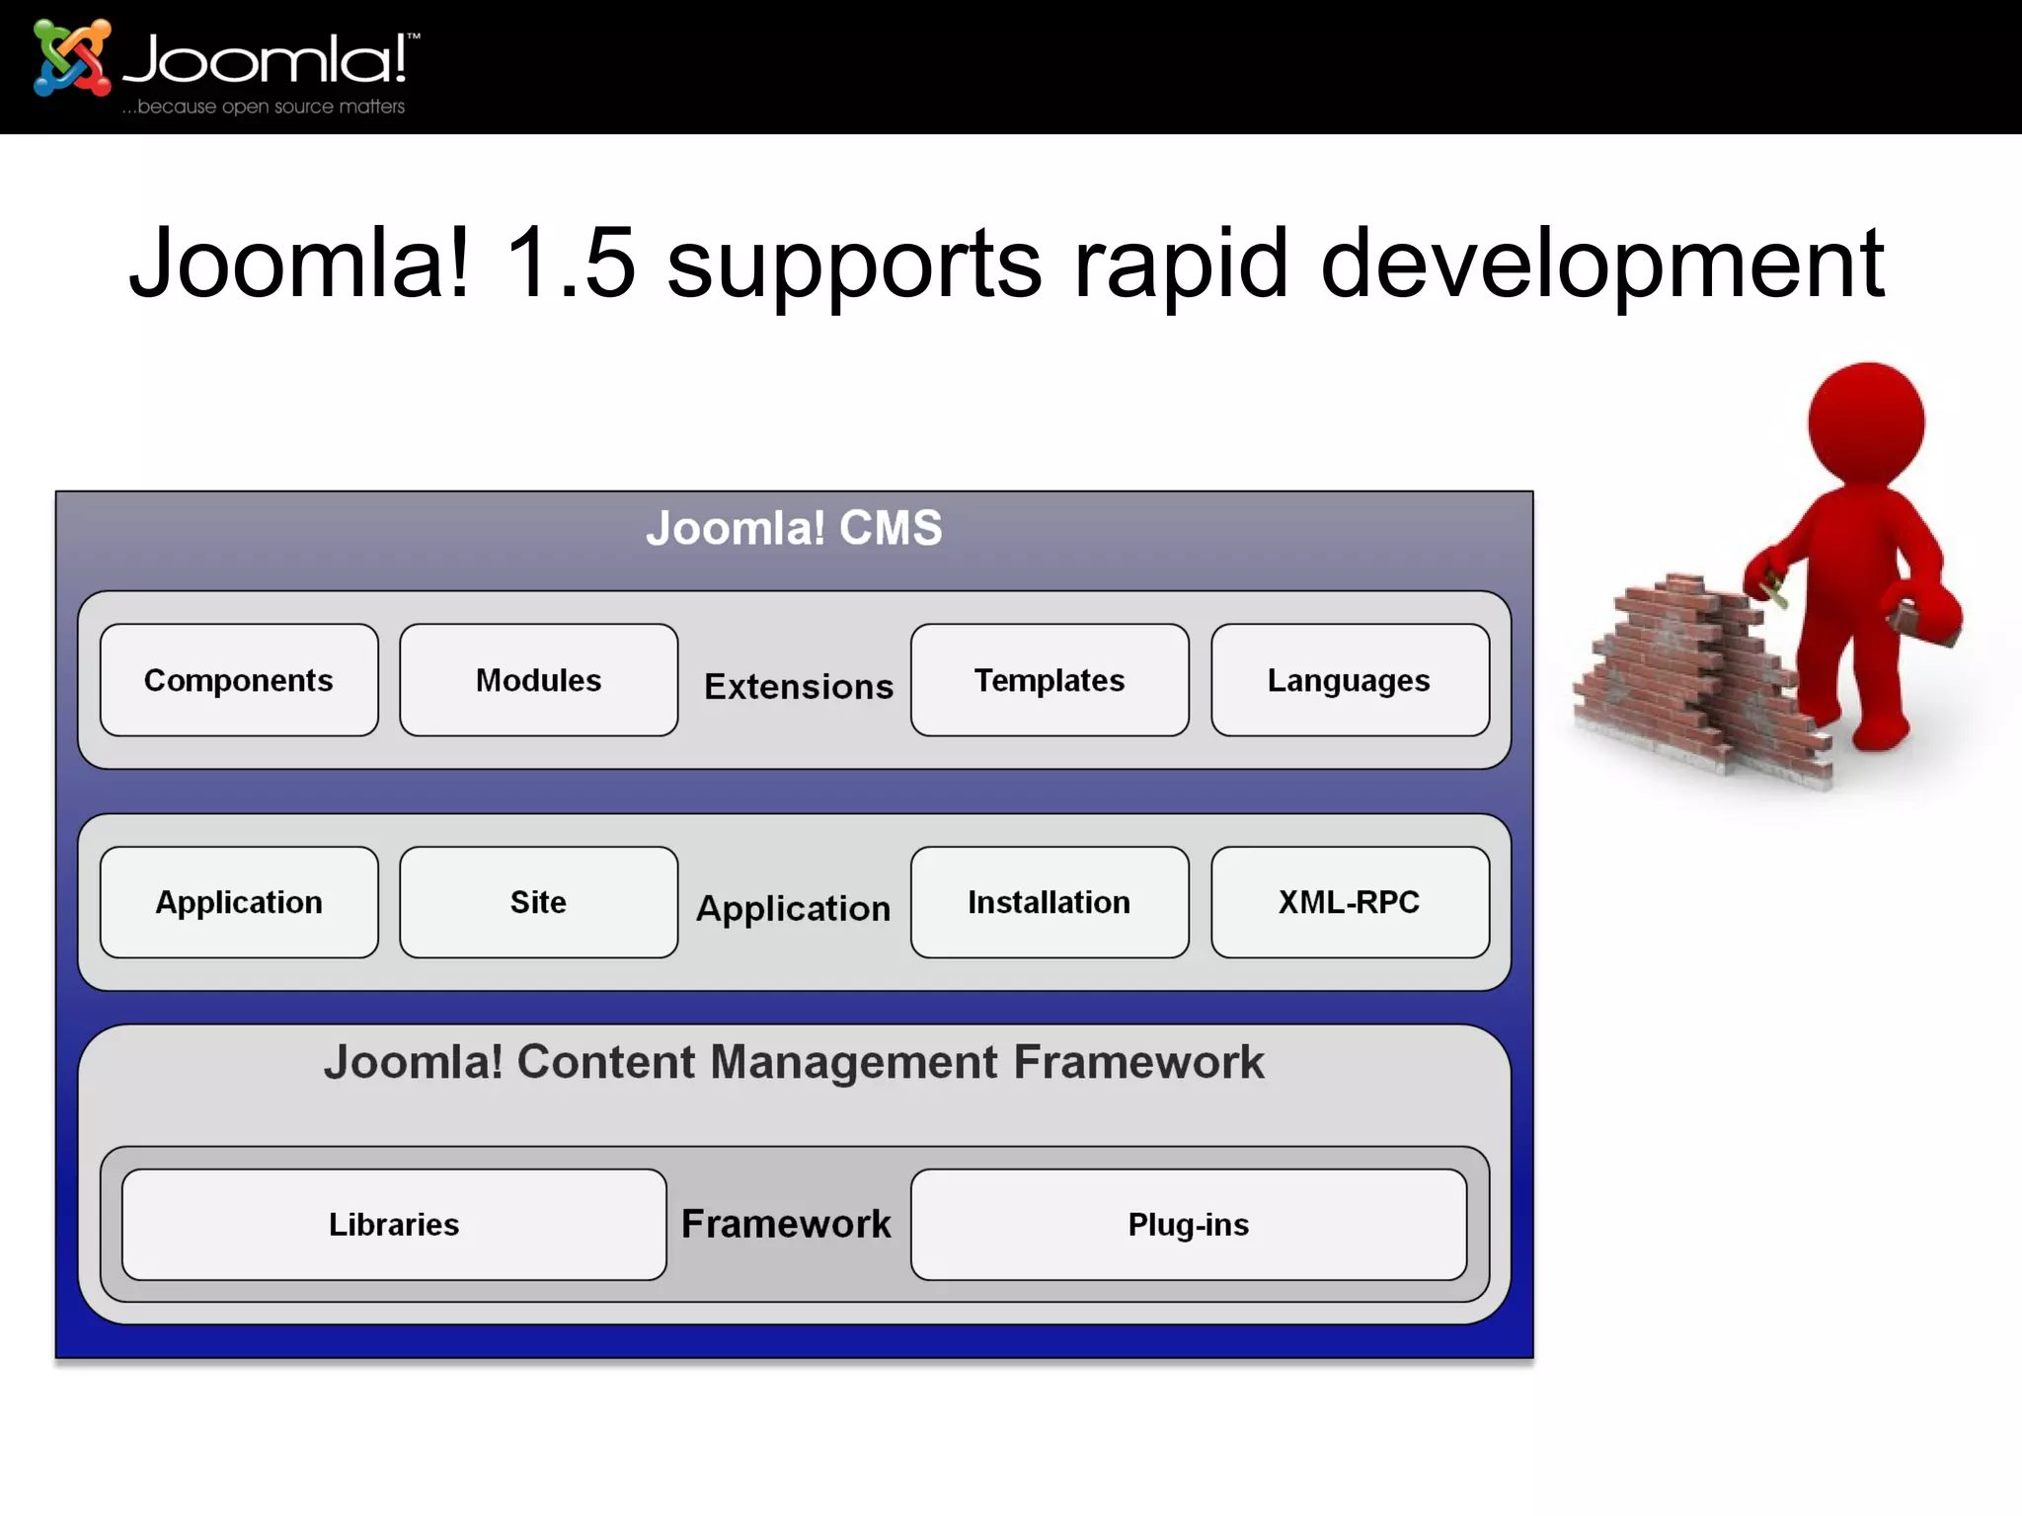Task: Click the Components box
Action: click(239, 680)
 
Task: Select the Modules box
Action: click(538, 680)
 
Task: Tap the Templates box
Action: click(1050, 680)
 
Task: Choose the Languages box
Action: click(1350, 680)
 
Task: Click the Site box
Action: click(538, 902)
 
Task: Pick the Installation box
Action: click(1050, 902)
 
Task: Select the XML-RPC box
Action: click(1350, 902)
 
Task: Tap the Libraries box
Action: click(394, 1225)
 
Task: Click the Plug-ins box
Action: click(1189, 1225)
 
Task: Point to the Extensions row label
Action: click(798, 687)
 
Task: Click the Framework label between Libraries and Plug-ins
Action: click(786, 1224)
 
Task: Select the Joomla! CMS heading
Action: click(794, 528)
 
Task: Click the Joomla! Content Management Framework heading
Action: click(794, 1063)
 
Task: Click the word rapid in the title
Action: click(1181, 265)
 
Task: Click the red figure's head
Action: click(1865, 422)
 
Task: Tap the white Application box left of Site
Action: click(239, 902)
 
